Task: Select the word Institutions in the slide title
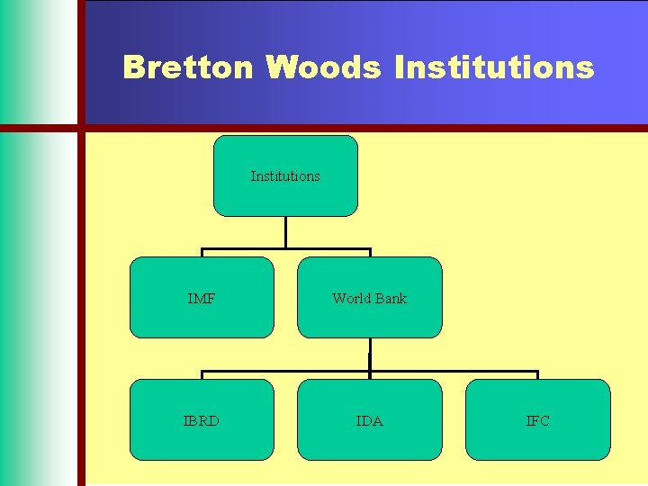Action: point(494,67)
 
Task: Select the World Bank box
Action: point(369,319)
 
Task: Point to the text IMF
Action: point(202,299)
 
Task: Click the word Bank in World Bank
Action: point(391,299)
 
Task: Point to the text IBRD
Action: point(202,421)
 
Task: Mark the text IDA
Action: point(369,421)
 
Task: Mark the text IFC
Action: point(537,421)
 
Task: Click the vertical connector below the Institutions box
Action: point(285,232)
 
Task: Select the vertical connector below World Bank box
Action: point(370,355)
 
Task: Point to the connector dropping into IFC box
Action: point(537,375)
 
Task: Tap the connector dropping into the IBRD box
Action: point(202,375)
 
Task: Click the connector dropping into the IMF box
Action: point(202,253)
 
